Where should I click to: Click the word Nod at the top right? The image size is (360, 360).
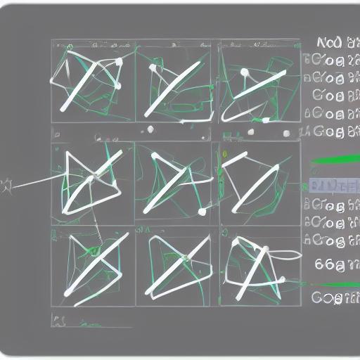click(329, 41)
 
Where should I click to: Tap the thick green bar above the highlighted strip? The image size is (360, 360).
click(334, 160)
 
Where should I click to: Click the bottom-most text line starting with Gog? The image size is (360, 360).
click(334, 297)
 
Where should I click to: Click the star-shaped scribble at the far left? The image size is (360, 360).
click(8, 186)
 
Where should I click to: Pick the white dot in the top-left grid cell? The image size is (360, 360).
click(119, 62)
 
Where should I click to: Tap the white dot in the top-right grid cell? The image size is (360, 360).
click(244, 72)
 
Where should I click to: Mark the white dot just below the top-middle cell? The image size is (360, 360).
click(150, 129)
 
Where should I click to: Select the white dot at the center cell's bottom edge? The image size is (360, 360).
click(202, 211)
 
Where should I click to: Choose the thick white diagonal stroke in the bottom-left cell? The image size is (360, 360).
click(98, 264)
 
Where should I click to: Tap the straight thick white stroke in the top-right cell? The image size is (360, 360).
click(253, 91)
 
